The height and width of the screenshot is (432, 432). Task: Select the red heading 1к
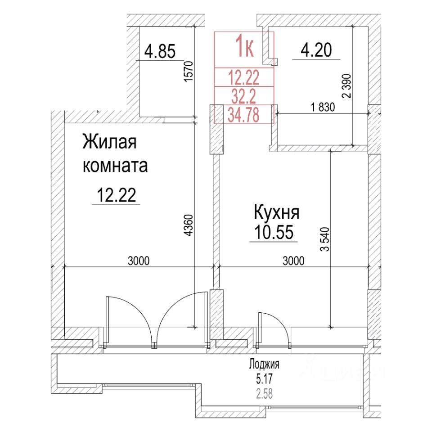[x=245, y=47]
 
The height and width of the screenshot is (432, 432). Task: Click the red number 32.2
[x=243, y=96]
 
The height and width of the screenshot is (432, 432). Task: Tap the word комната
[x=115, y=166]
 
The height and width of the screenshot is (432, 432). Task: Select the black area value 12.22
[x=116, y=196]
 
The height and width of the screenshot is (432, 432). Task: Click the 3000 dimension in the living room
[x=138, y=260]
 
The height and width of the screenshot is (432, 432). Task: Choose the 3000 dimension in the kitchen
[x=293, y=260]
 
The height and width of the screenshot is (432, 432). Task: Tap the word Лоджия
[x=265, y=364]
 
